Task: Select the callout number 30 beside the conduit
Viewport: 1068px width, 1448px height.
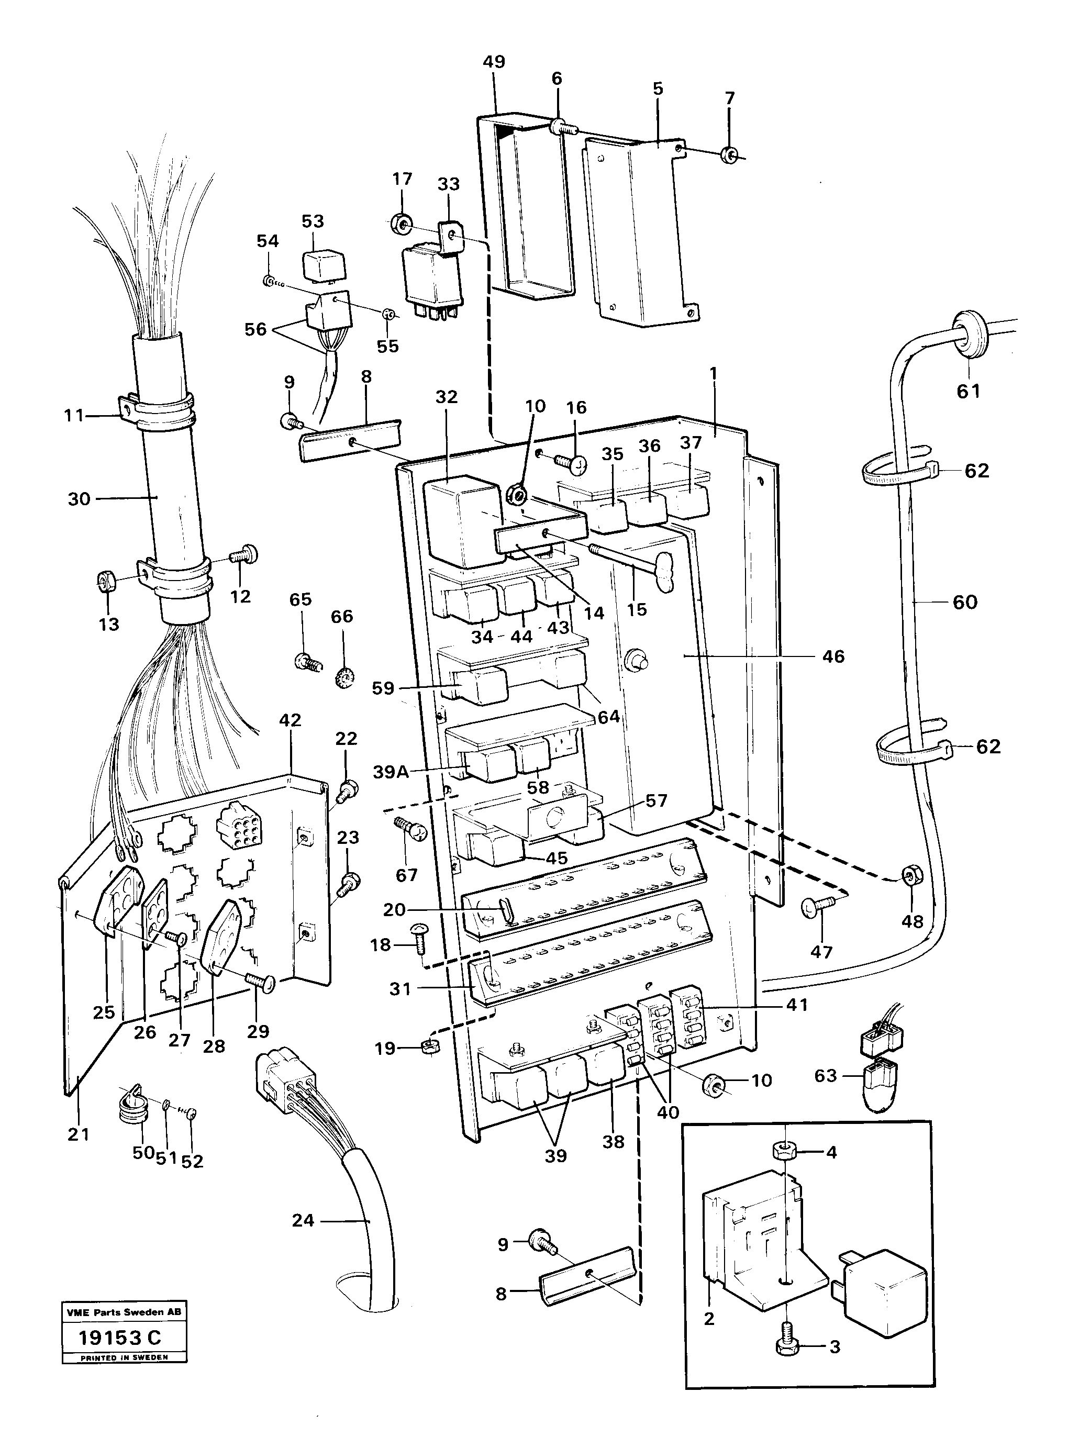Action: tap(79, 499)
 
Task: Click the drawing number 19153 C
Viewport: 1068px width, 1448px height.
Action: tap(120, 1337)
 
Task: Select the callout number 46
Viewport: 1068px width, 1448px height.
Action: tap(833, 657)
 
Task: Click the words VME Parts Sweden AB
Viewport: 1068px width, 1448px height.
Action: tap(124, 1312)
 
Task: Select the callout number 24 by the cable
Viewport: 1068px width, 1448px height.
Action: tap(303, 1220)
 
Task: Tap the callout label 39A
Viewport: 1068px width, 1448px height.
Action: tap(392, 772)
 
